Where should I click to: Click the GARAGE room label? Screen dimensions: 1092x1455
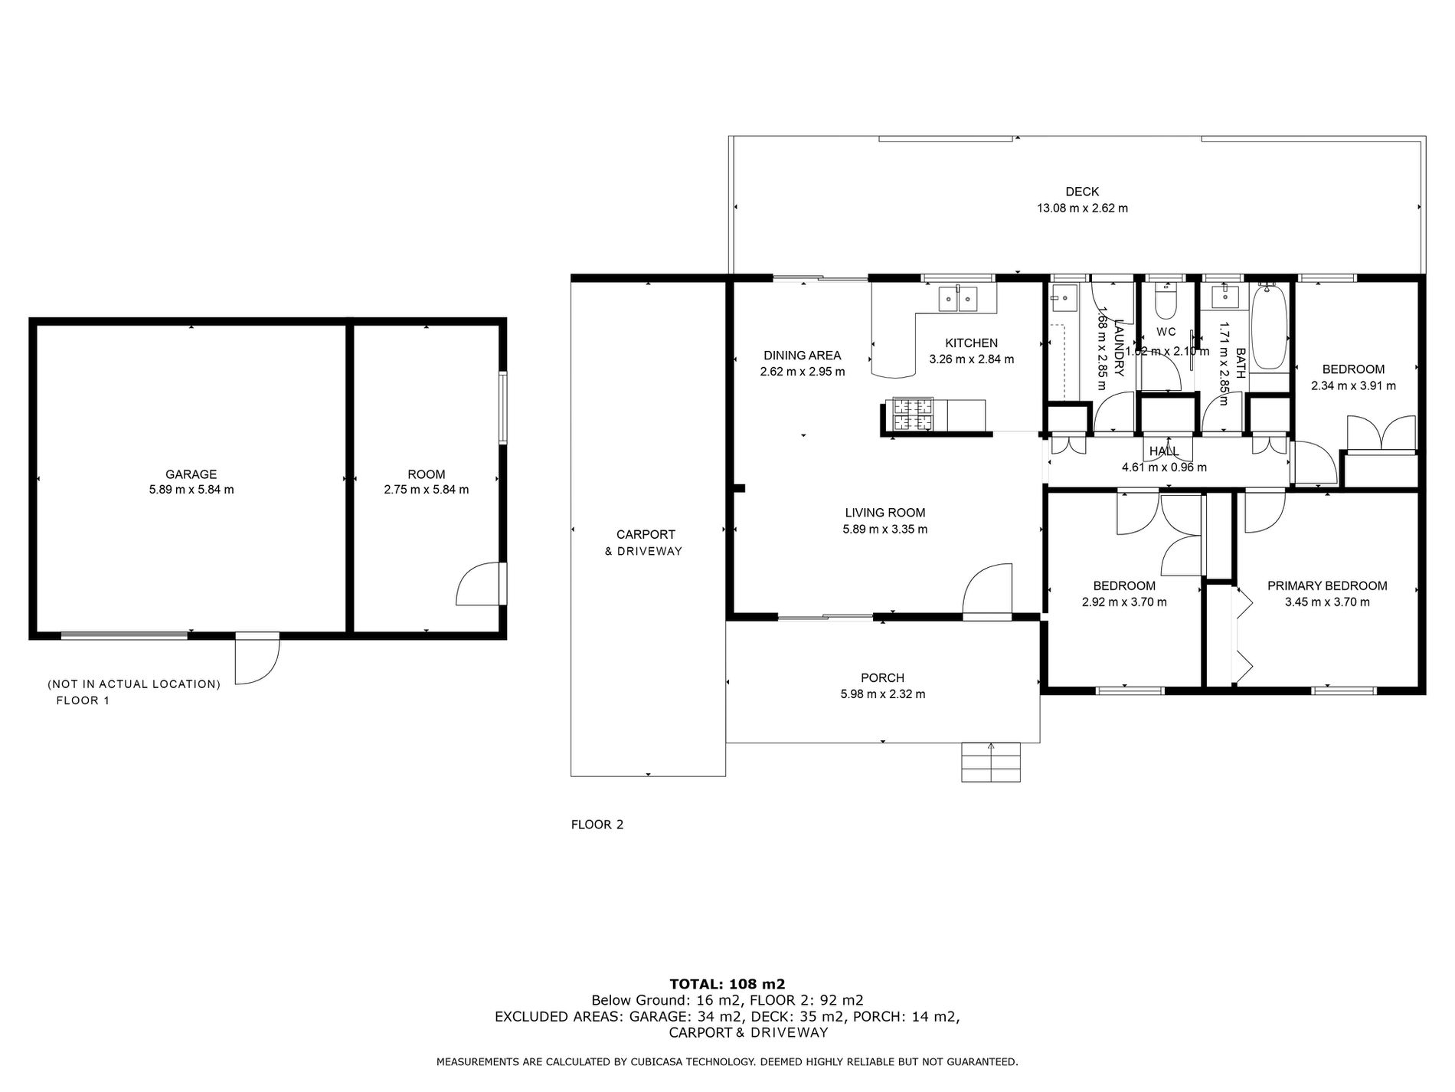click(191, 474)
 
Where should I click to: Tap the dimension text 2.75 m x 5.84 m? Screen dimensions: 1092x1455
click(427, 490)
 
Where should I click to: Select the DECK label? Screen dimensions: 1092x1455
click(1081, 192)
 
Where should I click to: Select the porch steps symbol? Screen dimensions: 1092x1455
click(991, 762)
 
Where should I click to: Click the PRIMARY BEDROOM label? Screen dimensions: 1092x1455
click(1326, 586)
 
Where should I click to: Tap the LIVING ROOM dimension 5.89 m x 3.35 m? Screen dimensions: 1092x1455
click(884, 530)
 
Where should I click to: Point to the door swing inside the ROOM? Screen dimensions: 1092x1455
click(478, 585)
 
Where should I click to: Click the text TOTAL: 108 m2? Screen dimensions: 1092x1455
click(727, 984)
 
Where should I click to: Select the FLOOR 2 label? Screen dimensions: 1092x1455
click(597, 825)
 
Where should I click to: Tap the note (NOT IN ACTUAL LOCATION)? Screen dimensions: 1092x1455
click(134, 684)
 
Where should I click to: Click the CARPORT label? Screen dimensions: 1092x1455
click(646, 535)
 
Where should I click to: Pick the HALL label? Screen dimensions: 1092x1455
click(1164, 451)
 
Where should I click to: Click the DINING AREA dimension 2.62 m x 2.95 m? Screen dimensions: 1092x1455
click(802, 372)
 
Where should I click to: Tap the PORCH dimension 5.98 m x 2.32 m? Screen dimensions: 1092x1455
click(882, 694)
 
